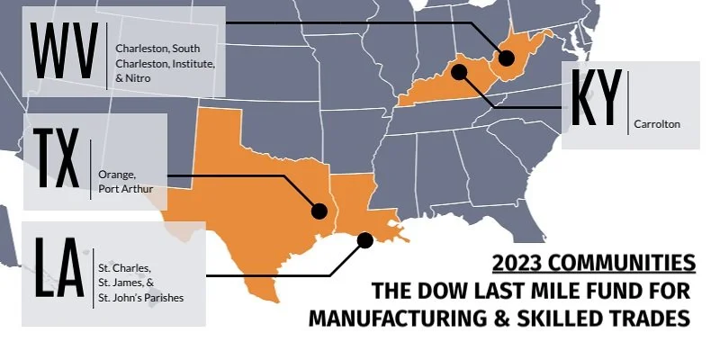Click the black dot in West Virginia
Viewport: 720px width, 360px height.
[506, 58]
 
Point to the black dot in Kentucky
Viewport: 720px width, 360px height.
[459, 71]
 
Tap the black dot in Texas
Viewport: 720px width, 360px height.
[318, 211]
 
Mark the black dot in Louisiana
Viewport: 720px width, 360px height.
[364, 239]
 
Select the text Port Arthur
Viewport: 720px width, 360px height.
[127, 189]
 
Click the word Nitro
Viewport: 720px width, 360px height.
[139, 78]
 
